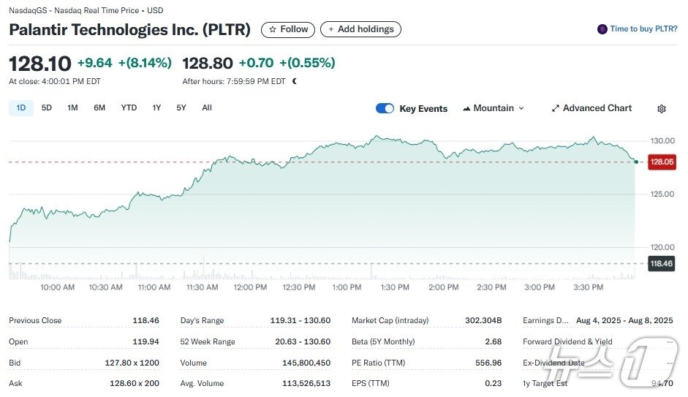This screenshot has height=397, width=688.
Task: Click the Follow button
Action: click(x=288, y=29)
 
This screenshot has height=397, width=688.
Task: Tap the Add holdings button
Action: click(x=360, y=29)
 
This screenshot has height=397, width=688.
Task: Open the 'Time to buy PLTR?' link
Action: click(x=637, y=29)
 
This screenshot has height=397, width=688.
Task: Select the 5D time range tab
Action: click(x=47, y=108)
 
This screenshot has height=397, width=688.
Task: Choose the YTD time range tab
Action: click(x=129, y=108)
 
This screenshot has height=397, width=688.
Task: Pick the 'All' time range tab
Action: click(x=207, y=108)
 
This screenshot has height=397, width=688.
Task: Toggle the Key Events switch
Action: click(x=385, y=109)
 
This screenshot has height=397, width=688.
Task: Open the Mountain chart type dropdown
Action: click(x=494, y=108)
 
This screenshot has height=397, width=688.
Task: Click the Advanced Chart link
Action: click(x=591, y=108)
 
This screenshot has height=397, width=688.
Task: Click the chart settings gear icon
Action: click(x=662, y=109)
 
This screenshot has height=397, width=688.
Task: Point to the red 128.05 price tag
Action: click(x=662, y=162)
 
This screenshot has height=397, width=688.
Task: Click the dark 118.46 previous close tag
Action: click(x=661, y=263)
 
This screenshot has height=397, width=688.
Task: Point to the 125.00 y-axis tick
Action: click(x=661, y=194)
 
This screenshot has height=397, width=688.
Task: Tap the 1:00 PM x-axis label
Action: click(x=347, y=287)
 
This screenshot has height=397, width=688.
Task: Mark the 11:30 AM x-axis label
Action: click(x=202, y=287)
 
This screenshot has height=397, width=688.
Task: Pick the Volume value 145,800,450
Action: click(x=306, y=363)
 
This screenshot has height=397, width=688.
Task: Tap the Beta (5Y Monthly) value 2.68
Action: click(x=494, y=341)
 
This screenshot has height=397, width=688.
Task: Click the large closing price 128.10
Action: click(x=39, y=63)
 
